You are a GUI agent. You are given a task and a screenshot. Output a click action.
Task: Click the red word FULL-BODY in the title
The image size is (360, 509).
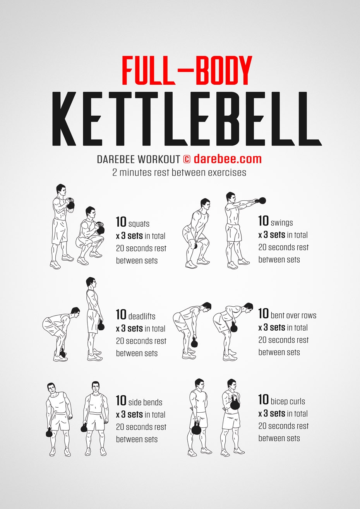click(x=187, y=70)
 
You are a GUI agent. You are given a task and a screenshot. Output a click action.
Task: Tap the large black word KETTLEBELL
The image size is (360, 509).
click(x=186, y=119)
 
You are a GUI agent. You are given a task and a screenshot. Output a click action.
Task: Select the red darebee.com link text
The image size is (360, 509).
click(x=228, y=159)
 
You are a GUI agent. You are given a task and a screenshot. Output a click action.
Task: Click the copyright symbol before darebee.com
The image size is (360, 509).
click(x=187, y=159)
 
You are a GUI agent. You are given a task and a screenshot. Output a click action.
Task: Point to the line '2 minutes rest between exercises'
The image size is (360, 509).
click(x=179, y=172)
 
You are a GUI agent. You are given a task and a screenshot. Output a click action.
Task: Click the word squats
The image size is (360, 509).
click(x=139, y=224)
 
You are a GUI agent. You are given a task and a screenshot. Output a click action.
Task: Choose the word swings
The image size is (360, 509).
click(x=282, y=223)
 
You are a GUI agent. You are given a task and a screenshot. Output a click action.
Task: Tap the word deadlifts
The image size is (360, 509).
click(x=141, y=316)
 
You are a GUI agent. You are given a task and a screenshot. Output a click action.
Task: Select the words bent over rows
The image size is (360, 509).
click(x=293, y=315)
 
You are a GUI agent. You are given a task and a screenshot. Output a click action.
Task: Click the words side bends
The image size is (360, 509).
click(x=145, y=403)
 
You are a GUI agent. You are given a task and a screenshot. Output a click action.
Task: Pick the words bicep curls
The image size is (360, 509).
click(x=288, y=401)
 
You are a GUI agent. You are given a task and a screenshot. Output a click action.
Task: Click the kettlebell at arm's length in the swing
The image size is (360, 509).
click(x=262, y=200)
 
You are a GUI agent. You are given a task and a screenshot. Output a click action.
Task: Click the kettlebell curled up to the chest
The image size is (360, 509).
click(x=235, y=404)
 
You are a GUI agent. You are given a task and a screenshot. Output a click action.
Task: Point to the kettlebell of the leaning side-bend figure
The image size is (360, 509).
click(x=49, y=432)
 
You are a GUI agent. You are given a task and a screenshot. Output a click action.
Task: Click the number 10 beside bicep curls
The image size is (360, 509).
click(x=264, y=400)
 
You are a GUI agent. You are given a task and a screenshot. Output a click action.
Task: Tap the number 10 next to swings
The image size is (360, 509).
click(x=264, y=221)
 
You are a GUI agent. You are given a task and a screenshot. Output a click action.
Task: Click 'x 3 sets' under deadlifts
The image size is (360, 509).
click(x=129, y=328)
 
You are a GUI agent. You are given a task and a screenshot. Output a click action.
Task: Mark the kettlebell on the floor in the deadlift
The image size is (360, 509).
click(x=62, y=353)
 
